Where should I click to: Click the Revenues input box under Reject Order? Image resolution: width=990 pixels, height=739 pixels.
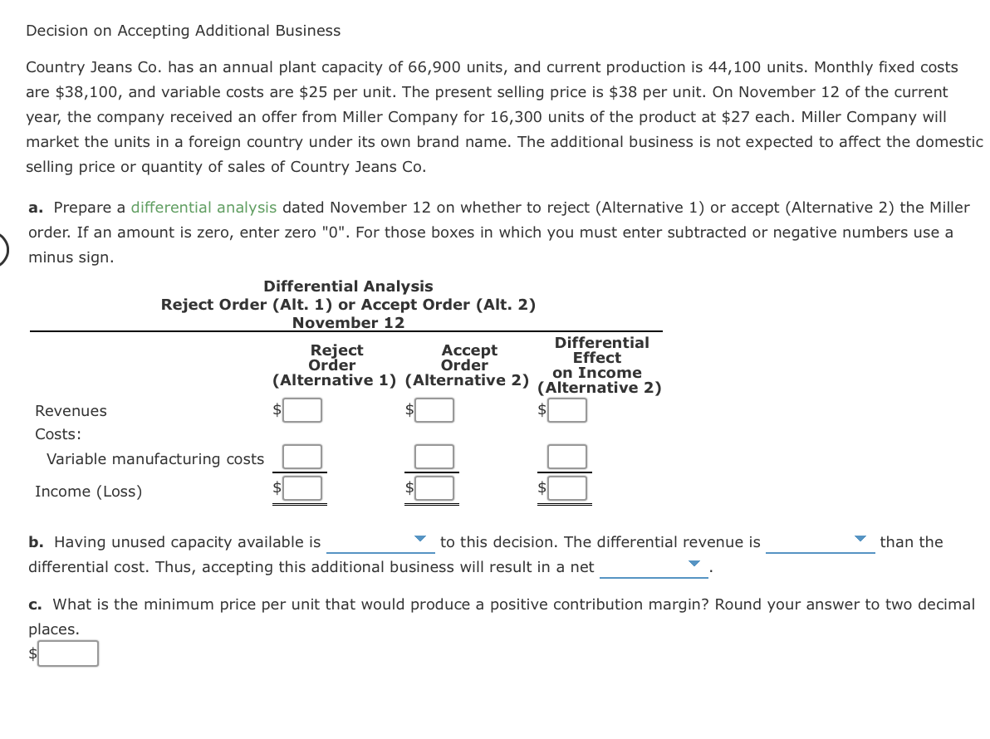304,410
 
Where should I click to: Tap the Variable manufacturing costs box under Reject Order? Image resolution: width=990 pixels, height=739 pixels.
303,457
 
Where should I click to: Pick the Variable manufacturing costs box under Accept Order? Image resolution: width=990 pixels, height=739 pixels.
435,457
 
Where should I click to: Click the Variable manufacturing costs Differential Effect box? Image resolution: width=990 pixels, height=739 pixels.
567,457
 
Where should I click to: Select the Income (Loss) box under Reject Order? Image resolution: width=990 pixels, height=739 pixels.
304,488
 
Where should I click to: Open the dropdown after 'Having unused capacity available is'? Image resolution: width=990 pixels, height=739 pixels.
380,542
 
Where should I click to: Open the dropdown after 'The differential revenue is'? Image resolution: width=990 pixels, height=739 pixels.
820,542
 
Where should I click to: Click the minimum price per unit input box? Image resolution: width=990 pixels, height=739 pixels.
68,653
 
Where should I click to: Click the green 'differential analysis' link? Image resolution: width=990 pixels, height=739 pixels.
204,208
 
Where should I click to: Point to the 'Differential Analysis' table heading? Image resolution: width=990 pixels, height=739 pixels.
348,286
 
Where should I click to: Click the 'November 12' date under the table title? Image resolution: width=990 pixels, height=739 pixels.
348,323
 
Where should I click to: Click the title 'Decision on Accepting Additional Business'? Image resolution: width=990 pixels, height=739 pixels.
183,31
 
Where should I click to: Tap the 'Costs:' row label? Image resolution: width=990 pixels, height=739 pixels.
57,434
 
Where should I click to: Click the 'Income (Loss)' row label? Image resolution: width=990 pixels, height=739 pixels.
88,492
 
